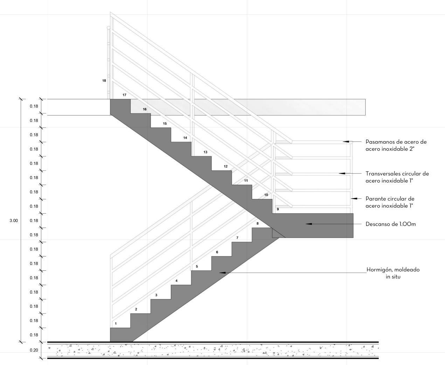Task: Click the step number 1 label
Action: [116, 324]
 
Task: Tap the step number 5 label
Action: [197, 267]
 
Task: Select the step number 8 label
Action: [257, 223]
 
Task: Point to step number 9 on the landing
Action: [278, 209]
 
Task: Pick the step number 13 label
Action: [205, 152]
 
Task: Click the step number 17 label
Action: [124, 95]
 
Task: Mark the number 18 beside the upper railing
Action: [104, 81]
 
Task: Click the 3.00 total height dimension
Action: [13, 221]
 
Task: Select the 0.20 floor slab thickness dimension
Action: [34, 350]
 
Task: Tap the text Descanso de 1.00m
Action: [390, 224]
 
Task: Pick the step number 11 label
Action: [246, 181]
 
